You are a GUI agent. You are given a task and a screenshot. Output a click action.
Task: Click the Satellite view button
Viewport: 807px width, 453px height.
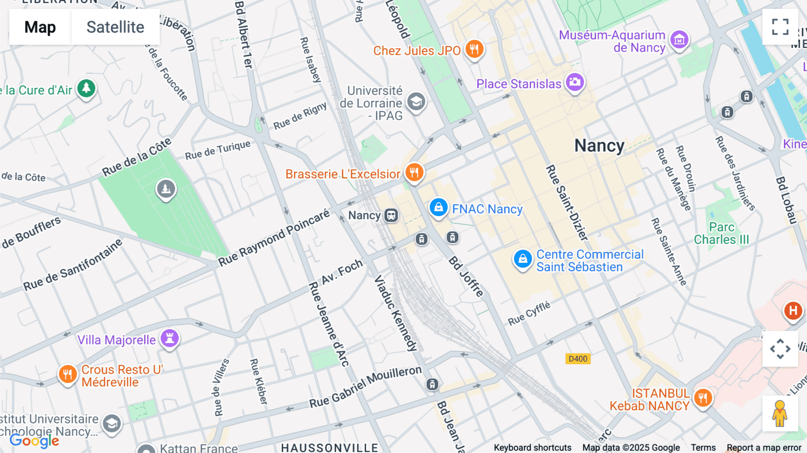click(115, 27)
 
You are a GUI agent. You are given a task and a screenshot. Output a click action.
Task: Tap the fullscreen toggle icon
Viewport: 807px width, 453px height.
click(780, 27)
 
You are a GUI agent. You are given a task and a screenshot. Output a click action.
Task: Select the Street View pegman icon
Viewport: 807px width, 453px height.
click(780, 414)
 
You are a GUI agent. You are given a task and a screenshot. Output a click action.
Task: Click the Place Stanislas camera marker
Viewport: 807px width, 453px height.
click(575, 82)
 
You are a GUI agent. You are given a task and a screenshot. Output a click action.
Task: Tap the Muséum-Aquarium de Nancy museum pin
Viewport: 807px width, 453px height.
click(679, 40)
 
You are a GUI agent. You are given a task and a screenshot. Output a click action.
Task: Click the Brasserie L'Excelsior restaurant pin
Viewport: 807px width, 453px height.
click(414, 172)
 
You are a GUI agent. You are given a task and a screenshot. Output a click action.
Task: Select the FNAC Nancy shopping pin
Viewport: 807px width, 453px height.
click(438, 208)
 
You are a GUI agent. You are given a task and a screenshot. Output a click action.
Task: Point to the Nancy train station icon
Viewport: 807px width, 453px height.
click(391, 215)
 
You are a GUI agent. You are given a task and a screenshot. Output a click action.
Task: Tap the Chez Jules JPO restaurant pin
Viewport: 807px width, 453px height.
click(474, 48)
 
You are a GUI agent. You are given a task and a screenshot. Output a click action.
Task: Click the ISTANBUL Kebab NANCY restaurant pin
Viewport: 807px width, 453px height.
click(703, 397)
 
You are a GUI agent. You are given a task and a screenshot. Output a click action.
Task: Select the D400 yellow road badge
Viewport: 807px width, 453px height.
click(577, 359)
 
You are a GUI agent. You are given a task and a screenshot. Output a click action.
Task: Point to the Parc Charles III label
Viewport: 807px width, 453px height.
click(721, 233)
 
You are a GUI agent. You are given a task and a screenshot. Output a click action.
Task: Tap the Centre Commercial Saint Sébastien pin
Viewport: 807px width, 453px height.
click(522, 259)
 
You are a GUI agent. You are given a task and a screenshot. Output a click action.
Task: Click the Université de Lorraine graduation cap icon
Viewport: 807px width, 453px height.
click(416, 101)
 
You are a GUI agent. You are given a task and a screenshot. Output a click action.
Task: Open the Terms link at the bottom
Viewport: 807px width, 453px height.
click(703, 448)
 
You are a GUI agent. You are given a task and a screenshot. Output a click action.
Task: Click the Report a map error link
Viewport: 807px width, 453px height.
click(764, 448)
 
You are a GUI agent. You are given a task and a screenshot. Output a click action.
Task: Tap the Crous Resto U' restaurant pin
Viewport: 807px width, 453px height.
click(67, 374)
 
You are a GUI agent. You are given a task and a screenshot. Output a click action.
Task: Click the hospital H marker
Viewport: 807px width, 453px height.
click(793, 310)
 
